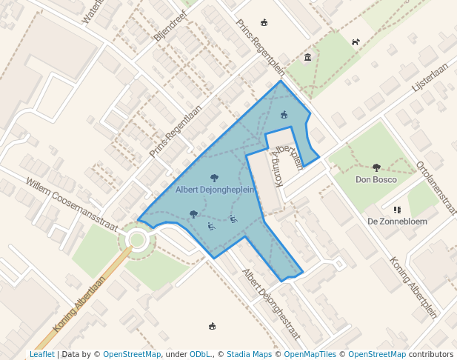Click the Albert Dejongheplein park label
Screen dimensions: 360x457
[215, 190]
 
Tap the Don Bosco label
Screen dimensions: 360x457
[376, 179]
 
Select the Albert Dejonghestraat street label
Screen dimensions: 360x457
[271, 304]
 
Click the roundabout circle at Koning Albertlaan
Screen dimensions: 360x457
[137, 239]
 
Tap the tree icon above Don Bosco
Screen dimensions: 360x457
[376, 167]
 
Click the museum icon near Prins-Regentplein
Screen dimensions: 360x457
[307, 58]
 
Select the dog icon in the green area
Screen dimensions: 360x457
[356, 42]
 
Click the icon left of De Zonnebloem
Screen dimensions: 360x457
[397, 210]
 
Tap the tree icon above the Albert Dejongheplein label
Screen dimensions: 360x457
[215, 178]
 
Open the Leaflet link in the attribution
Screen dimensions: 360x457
[41, 354]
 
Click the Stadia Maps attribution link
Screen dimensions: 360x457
[249, 354]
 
